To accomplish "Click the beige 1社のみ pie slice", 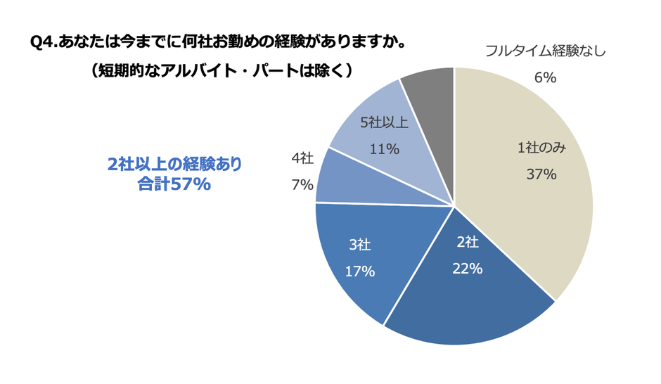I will tap(541, 211).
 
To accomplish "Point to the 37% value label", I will tap(541, 174).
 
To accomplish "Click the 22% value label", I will tap(468, 268).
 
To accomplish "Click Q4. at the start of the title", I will tap(46, 43).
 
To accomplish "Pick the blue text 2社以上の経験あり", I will tap(174, 164).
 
